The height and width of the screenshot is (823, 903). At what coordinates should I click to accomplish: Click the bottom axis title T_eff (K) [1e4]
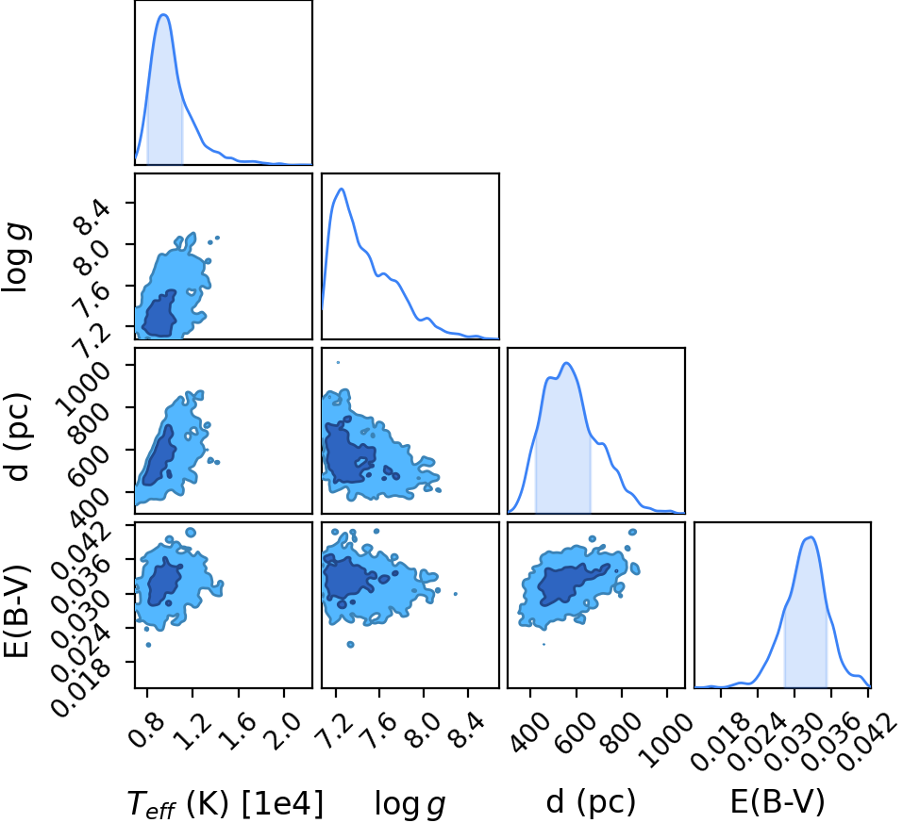(x=226, y=803)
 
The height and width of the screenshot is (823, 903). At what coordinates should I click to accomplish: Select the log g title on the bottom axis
(x=410, y=803)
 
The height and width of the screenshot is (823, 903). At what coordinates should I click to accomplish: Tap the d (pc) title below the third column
(x=591, y=801)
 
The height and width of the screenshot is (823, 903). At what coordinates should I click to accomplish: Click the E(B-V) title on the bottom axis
(x=778, y=801)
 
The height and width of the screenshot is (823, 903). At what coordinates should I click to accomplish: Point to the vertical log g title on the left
(x=16, y=257)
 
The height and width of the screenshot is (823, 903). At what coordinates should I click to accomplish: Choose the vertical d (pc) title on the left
(x=17, y=436)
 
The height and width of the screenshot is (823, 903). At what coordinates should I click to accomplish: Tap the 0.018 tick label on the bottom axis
(x=720, y=743)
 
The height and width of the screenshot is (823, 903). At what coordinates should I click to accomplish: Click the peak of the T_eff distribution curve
(x=164, y=15)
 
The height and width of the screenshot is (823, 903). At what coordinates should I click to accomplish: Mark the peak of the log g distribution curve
(x=343, y=189)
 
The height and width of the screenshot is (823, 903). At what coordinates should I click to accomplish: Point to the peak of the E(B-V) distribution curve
(x=811, y=537)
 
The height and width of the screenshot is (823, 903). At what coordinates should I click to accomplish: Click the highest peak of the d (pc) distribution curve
(x=567, y=363)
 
